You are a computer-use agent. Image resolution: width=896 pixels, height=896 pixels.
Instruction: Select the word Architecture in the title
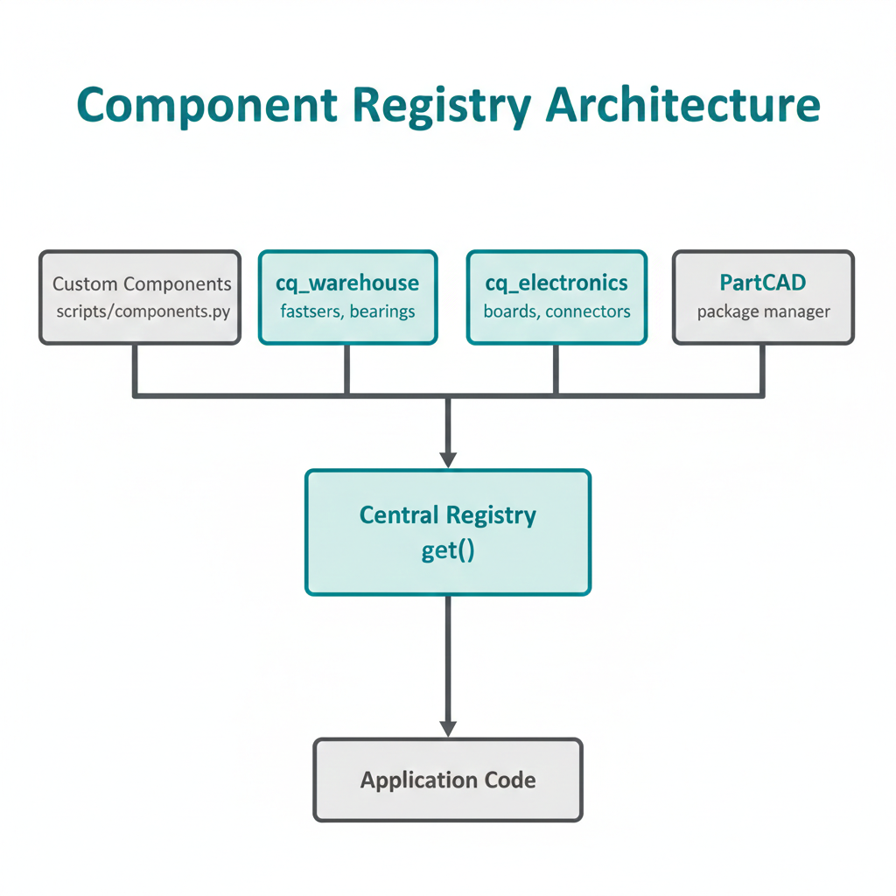tap(683, 106)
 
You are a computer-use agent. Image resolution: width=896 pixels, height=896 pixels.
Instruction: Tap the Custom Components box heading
tap(142, 283)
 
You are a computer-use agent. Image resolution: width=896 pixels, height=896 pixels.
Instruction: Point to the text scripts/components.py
tap(142, 311)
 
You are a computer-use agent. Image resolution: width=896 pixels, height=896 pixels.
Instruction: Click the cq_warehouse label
tap(347, 283)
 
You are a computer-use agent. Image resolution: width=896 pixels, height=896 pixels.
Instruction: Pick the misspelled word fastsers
tap(311, 311)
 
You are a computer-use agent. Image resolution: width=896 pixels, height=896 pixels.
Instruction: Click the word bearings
tap(381, 311)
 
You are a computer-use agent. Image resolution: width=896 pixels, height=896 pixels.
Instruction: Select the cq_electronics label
tap(556, 283)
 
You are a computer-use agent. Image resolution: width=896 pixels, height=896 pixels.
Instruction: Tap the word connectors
tap(588, 311)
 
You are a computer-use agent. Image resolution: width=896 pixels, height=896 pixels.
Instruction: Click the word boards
tap(510, 311)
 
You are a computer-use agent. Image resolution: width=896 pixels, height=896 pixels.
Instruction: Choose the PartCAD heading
tap(762, 283)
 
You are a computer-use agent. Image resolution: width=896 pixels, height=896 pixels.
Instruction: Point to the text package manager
tap(763, 311)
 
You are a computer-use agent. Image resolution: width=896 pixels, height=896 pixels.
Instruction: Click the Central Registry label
tap(448, 514)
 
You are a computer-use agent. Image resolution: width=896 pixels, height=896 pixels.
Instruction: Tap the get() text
tap(448, 553)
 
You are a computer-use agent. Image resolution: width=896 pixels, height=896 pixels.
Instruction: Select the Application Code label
tap(448, 780)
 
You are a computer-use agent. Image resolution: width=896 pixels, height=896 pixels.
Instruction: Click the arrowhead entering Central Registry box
tap(448, 459)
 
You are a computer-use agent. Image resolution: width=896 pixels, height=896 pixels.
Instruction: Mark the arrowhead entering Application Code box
tap(448, 728)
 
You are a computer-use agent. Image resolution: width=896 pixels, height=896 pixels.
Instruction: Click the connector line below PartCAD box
tap(763, 369)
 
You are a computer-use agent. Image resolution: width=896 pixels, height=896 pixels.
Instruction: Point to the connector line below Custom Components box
tap(136, 369)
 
